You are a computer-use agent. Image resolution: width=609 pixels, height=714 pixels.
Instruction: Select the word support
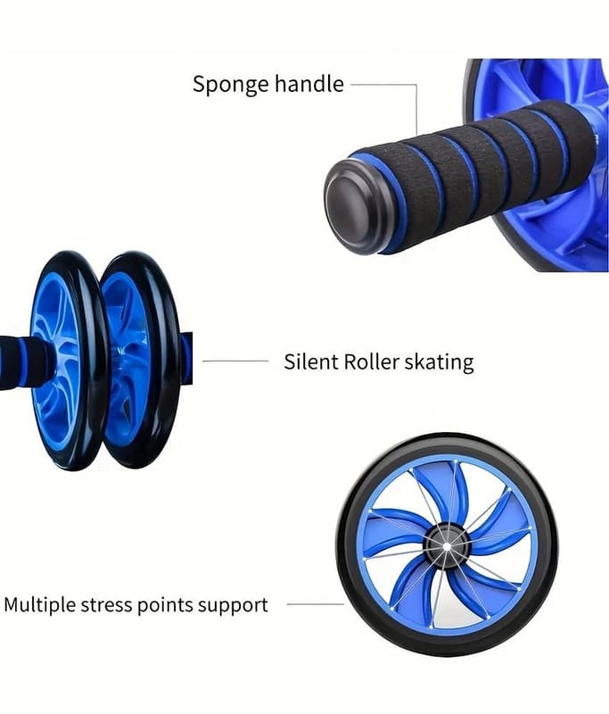pos(233,605)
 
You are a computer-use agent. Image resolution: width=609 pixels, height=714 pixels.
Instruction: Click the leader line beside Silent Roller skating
pos(235,361)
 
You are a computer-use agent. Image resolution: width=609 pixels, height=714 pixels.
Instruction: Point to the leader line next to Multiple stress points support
pos(314,604)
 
